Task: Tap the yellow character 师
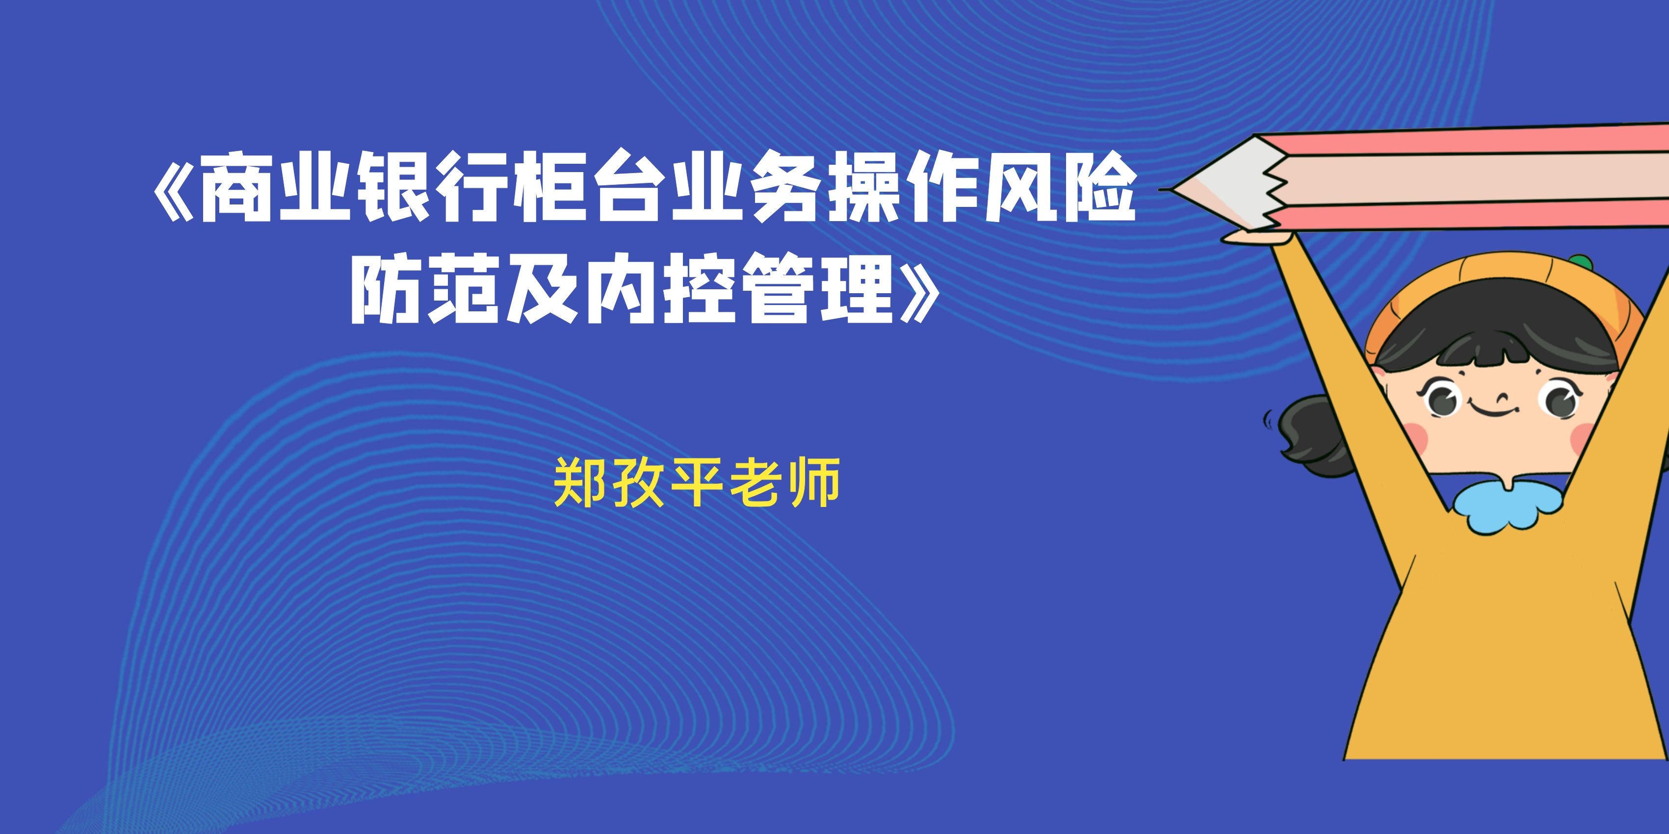pos(815,482)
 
